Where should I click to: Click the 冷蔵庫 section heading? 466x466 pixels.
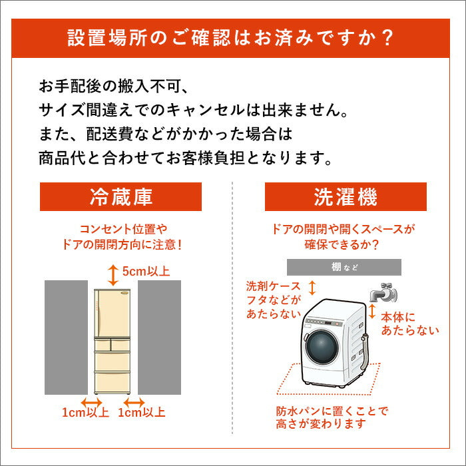[x=120, y=197]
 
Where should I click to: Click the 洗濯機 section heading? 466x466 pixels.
[x=346, y=197]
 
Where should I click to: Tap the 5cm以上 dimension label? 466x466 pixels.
[x=146, y=271]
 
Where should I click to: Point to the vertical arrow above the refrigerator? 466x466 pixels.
[x=113, y=275]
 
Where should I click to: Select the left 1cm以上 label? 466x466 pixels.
[x=85, y=412]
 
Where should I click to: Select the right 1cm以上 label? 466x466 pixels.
[x=141, y=412]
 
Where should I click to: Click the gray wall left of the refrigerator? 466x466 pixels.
[x=66, y=338]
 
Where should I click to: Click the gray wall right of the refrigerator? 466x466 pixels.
[x=159, y=338]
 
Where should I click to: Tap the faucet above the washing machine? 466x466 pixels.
[x=383, y=292]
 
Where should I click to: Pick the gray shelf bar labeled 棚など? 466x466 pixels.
[x=344, y=267]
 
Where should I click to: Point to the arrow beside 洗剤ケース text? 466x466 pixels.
[x=312, y=288]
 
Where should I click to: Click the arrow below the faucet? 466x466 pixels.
[x=371, y=311]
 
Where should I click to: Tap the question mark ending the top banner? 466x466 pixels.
[x=387, y=38]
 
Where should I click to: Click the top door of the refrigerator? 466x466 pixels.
[x=112, y=314]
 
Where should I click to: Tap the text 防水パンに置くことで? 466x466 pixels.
[x=332, y=411]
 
